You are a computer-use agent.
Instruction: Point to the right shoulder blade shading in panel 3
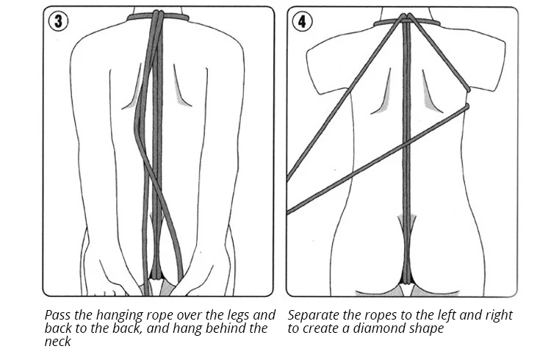[181, 92]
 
